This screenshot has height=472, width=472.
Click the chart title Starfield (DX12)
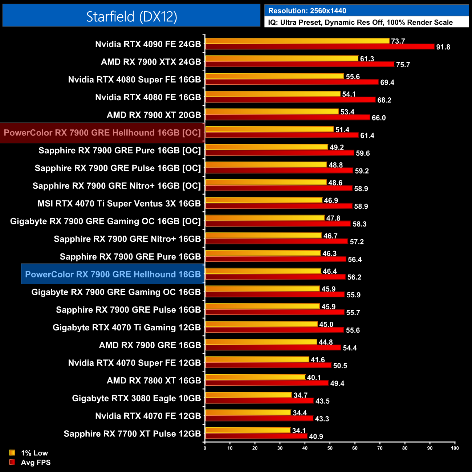131,16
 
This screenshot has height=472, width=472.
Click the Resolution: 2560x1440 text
307,11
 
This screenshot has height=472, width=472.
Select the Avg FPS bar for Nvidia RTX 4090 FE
320,46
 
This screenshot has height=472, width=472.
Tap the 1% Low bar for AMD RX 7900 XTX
282,58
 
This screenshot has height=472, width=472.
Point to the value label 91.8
443,47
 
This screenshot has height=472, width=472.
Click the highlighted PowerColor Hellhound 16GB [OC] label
102,133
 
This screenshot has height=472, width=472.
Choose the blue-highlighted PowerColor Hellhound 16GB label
113,274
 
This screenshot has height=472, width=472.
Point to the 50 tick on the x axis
330,448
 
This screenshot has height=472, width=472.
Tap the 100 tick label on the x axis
455,448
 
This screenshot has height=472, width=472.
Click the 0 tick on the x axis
205,448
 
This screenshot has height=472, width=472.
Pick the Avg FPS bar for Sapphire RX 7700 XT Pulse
256,436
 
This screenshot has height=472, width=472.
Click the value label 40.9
316,436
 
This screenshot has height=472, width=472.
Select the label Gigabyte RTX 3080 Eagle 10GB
136,398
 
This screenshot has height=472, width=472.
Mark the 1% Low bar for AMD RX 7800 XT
255,377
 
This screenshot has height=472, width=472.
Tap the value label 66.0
378,118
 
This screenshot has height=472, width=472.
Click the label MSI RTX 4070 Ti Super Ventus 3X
119,204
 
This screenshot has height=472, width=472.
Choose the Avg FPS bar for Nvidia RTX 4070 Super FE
268,365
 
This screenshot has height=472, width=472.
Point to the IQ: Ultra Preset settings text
360,23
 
